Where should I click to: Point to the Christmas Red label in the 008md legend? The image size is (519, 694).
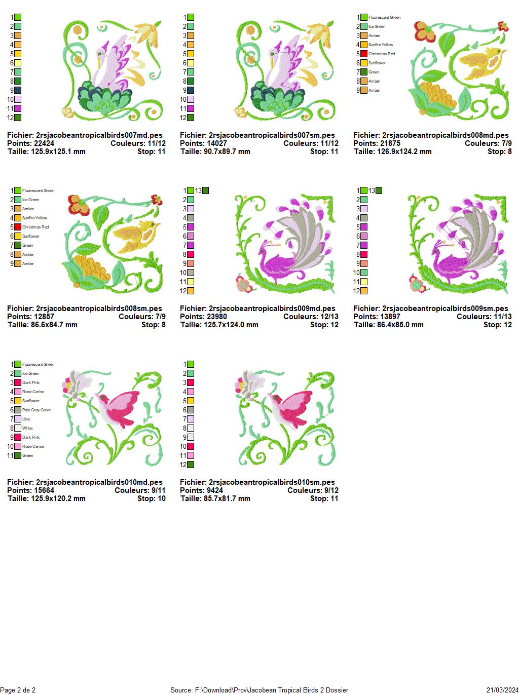click(x=382, y=54)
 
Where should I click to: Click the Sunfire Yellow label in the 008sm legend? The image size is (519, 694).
click(x=34, y=218)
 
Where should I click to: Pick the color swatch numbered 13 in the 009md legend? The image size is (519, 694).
click(x=205, y=190)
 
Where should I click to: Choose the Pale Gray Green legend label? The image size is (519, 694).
click(x=36, y=410)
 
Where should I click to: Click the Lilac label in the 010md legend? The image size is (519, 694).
click(x=26, y=419)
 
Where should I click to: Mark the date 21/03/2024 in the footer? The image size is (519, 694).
click(x=502, y=690)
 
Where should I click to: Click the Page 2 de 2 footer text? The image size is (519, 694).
click(x=18, y=690)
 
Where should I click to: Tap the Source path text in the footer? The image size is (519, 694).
click(x=259, y=690)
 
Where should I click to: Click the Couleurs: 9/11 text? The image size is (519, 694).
click(x=140, y=490)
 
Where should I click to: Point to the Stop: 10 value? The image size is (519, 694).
click(x=152, y=498)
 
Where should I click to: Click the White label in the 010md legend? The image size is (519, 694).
click(x=27, y=428)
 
